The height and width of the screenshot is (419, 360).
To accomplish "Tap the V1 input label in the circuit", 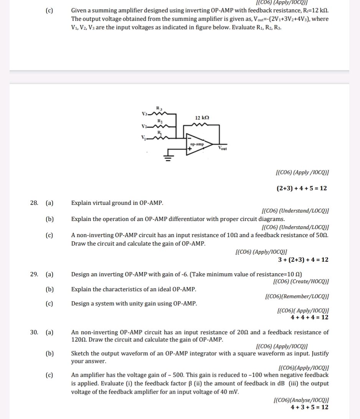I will pos(144,138).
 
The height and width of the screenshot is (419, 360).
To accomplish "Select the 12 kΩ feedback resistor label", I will pos(202,117).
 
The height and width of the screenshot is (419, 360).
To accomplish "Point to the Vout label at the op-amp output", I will pos(223,148).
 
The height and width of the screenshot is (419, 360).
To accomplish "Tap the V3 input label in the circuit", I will pos(144,114).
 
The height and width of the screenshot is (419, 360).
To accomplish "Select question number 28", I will pos(34,203).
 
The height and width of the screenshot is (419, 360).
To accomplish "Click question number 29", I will pos(34,274).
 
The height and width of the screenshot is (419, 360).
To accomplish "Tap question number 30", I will pos(34,332).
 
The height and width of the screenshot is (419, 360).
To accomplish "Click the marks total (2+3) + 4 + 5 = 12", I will pos(302,188).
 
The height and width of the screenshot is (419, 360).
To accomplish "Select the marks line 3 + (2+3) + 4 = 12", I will pos(303,260).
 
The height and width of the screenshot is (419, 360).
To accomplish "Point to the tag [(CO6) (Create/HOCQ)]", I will pos(300,282).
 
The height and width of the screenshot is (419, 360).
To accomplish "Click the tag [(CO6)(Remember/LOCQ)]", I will pos(297,297).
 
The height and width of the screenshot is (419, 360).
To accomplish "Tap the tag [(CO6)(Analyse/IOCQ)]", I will pos(300,401).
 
